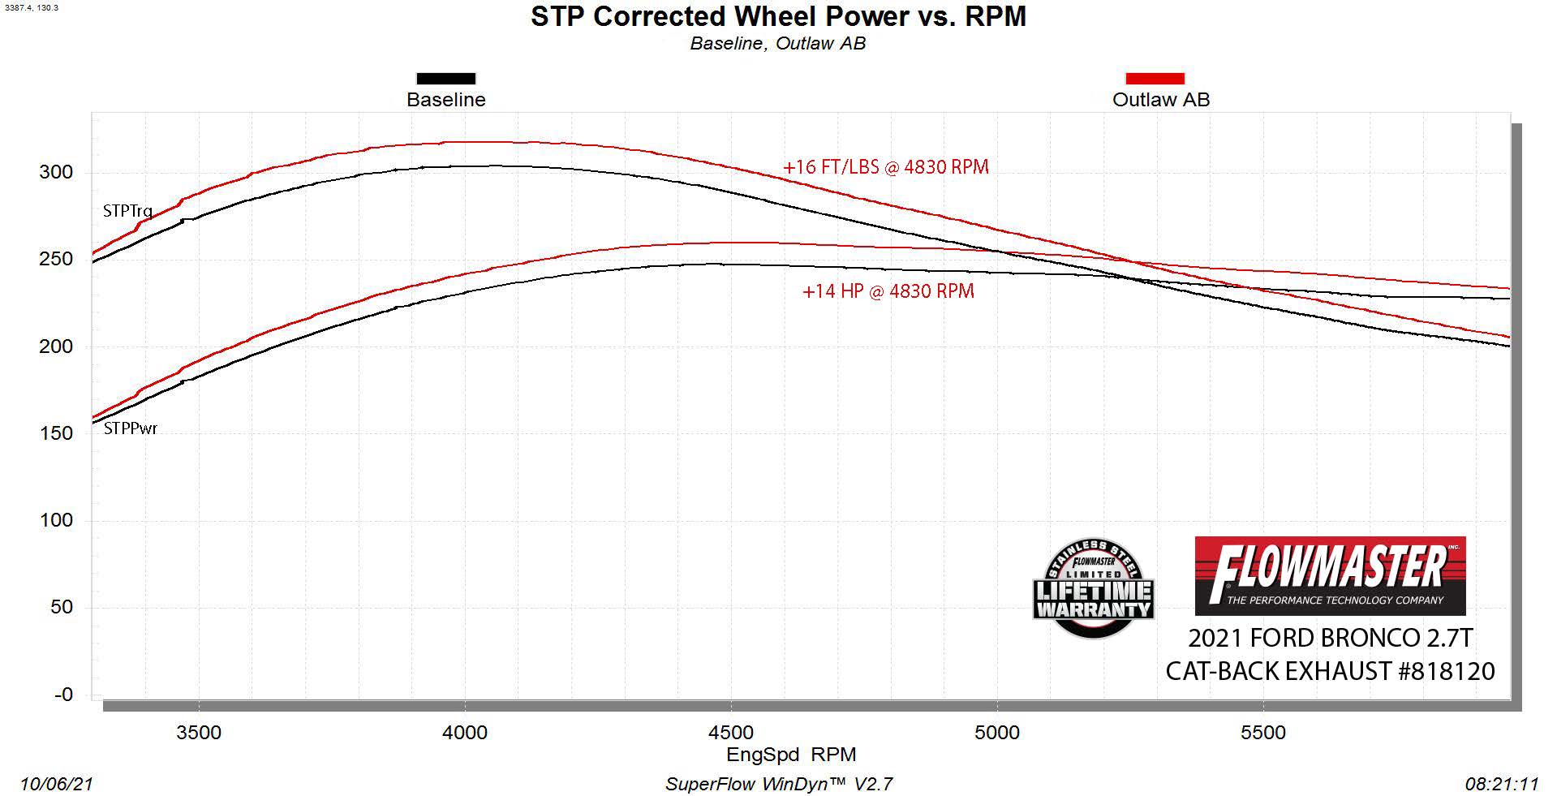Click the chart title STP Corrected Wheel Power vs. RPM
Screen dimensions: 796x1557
(x=778, y=16)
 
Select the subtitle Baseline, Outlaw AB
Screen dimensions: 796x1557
(x=777, y=44)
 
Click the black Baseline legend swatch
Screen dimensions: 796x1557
(x=445, y=79)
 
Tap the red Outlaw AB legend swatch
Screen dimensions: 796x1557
(x=1155, y=79)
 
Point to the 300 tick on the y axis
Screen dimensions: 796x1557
(x=56, y=172)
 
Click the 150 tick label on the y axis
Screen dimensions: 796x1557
(x=56, y=433)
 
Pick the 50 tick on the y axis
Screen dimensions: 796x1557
(x=61, y=607)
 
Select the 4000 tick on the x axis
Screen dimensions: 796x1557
(x=465, y=733)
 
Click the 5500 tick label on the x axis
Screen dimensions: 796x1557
(x=1263, y=733)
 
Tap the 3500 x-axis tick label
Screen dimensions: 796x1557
(x=199, y=733)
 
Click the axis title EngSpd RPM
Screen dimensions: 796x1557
(x=791, y=755)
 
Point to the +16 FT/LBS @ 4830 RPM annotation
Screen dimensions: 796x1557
(x=885, y=167)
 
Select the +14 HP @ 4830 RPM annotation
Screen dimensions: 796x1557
(x=888, y=291)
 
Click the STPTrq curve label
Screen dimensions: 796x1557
(x=127, y=211)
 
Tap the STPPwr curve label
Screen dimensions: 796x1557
(x=131, y=428)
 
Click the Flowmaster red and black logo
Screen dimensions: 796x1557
(x=1330, y=575)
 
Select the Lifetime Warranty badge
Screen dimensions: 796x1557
(x=1093, y=588)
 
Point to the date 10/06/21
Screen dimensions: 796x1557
(x=57, y=784)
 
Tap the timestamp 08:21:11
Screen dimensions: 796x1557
(x=1502, y=784)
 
